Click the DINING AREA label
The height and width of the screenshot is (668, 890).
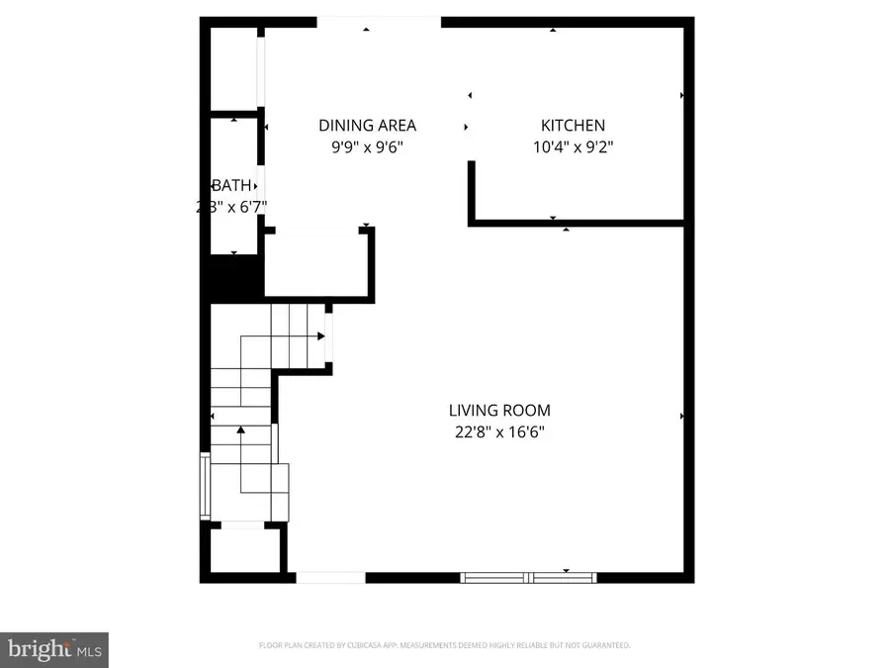pyautogui.click(x=367, y=126)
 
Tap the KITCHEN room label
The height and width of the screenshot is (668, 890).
pyautogui.click(x=573, y=126)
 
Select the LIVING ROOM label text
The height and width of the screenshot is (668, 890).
pyautogui.click(x=499, y=411)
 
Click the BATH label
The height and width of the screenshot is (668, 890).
pyautogui.click(x=232, y=186)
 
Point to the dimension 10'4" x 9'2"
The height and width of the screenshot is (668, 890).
pyautogui.click(x=573, y=147)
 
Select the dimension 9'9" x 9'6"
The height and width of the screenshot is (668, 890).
pyautogui.click(x=367, y=147)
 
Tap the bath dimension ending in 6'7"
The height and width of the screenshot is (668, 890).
pyautogui.click(x=232, y=207)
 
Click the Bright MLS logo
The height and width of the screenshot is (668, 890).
pyautogui.click(x=53, y=649)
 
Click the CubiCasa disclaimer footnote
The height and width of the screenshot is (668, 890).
pyautogui.click(x=444, y=645)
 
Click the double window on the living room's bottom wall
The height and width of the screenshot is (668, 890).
pyautogui.click(x=530, y=576)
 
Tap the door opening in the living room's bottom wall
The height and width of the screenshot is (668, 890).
pyautogui.click(x=331, y=577)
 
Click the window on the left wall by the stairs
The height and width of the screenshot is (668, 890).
pyautogui.click(x=205, y=485)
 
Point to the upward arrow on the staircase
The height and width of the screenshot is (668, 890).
pyautogui.click(x=240, y=429)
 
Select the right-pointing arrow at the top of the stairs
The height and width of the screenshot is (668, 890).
pyautogui.click(x=320, y=336)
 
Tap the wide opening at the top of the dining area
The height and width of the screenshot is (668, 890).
pyautogui.click(x=378, y=23)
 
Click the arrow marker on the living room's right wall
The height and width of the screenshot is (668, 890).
pyautogui.click(x=681, y=417)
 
